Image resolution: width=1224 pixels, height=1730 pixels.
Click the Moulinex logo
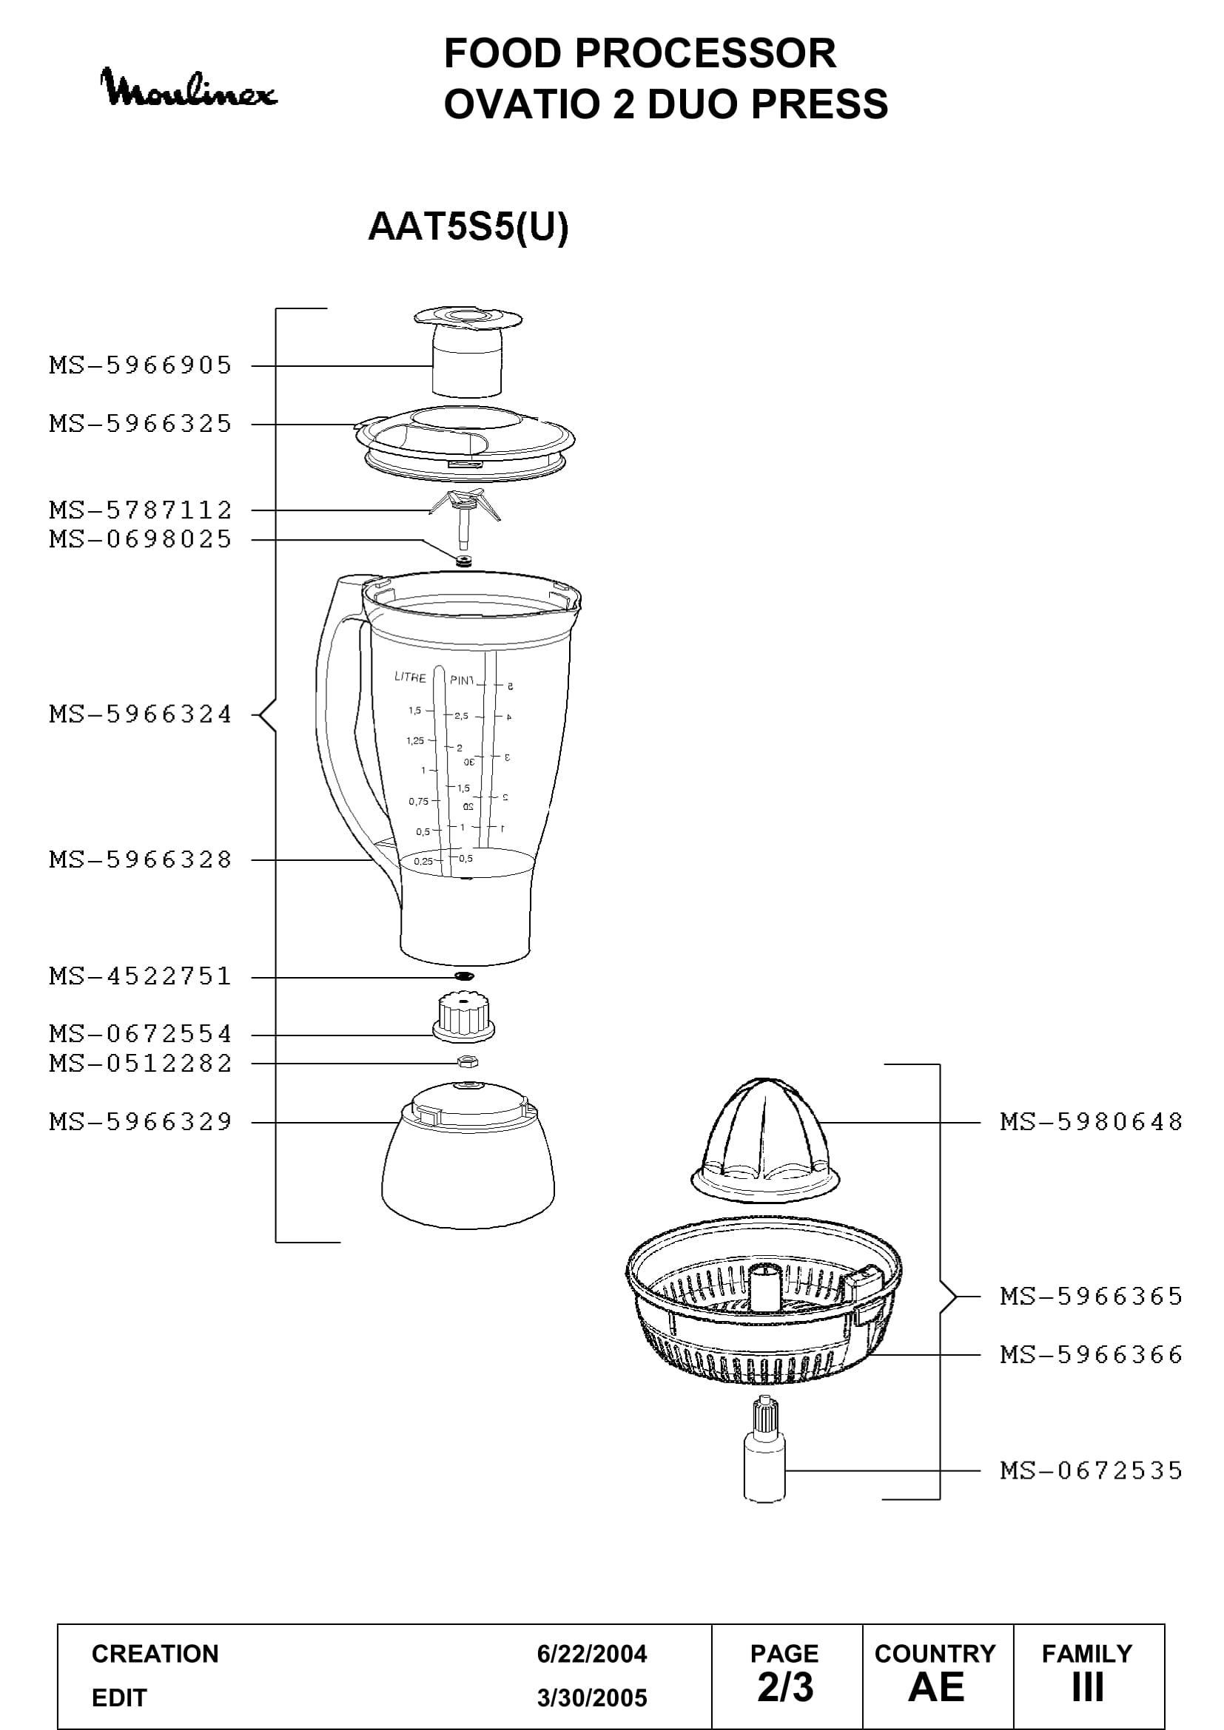(x=189, y=88)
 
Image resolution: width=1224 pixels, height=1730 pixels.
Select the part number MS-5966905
(x=141, y=365)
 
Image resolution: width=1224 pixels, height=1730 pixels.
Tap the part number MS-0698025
(x=141, y=539)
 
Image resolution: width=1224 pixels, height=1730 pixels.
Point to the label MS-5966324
(x=141, y=714)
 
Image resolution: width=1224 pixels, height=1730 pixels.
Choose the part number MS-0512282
(x=141, y=1064)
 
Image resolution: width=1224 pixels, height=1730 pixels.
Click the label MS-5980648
(x=1092, y=1122)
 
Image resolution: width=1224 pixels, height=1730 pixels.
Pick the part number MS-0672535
(x=1092, y=1471)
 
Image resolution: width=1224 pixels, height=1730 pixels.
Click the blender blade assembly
(x=462, y=518)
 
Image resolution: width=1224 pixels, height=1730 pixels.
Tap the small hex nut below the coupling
(x=467, y=1062)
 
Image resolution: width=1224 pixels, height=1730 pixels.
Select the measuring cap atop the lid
(x=468, y=351)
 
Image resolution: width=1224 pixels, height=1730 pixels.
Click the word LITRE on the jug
(x=410, y=677)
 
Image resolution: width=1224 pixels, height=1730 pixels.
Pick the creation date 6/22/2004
(x=592, y=1654)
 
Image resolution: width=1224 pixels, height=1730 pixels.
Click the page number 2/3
(x=785, y=1687)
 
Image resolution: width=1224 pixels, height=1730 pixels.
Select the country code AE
(x=936, y=1687)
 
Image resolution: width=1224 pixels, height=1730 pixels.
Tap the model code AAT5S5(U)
(x=468, y=227)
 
